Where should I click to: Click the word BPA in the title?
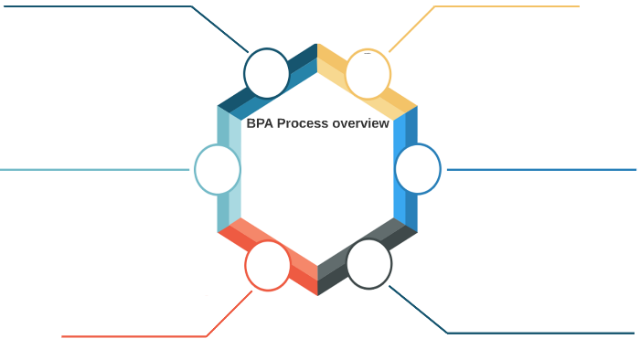pyautogui.click(x=261, y=123)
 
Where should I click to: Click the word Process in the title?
pyautogui.click(x=303, y=123)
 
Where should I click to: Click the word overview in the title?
pyautogui.click(x=360, y=123)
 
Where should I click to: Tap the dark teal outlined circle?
pyautogui.click(x=267, y=73)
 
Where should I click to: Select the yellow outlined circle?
pyautogui.click(x=368, y=74)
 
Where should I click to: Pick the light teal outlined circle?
pyautogui.click(x=218, y=169)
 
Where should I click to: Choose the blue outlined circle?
pyautogui.click(x=418, y=169)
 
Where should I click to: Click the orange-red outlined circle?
pyautogui.click(x=268, y=266)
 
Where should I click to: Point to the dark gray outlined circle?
pyautogui.click(x=368, y=263)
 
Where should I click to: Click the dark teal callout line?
pyautogui.click(x=110, y=6)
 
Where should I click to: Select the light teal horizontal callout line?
pyautogui.click(x=91, y=169)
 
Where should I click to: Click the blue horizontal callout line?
pyautogui.click(x=539, y=169)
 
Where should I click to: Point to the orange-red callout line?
pyautogui.click(x=137, y=336)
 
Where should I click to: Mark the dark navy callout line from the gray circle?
pyautogui.click(x=539, y=333)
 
